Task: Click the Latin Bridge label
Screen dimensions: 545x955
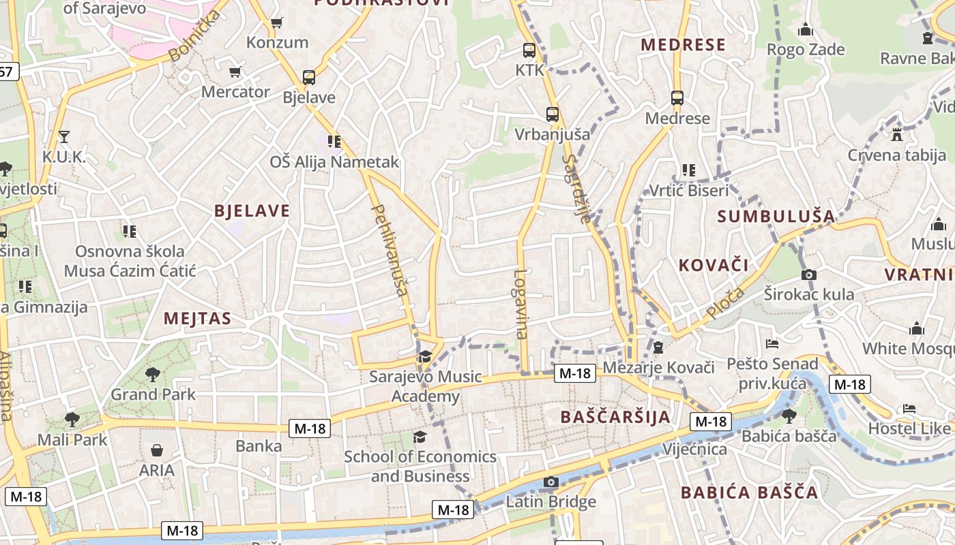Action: (550, 502)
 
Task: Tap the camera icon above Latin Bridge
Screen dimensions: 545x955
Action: (550, 482)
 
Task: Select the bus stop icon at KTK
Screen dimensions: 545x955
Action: (529, 50)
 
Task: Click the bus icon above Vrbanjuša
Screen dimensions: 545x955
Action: (552, 114)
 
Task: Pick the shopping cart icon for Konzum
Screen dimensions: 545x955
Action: (276, 23)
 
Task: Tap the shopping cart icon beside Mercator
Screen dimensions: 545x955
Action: (235, 72)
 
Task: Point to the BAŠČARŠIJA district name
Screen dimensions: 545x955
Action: (615, 417)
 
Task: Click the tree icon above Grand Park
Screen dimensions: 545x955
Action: (153, 374)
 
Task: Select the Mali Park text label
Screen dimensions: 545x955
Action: (72, 439)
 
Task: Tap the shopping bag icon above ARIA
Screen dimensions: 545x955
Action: (157, 450)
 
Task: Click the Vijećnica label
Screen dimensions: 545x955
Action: (694, 449)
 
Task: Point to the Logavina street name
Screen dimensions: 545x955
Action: (520, 304)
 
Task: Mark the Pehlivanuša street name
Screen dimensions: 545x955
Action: (391, 251)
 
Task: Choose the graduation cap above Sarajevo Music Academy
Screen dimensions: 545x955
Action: (425, 356)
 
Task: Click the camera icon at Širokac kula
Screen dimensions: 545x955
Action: (808, 275)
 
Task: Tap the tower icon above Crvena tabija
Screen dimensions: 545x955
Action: (896, 135)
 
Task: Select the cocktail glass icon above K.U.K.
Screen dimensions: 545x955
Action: (63, 137)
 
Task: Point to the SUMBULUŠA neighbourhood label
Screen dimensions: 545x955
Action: (776, 217)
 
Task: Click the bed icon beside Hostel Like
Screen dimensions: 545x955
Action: (909, 409)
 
